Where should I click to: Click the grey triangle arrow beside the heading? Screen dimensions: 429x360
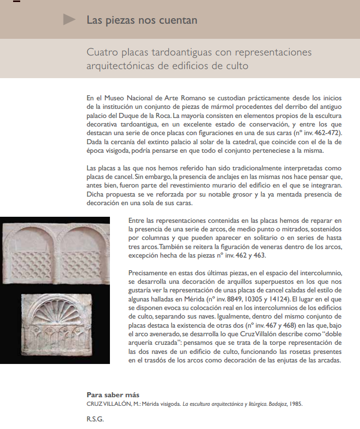point(70,20)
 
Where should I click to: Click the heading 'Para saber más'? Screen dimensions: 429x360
point(113,394)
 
